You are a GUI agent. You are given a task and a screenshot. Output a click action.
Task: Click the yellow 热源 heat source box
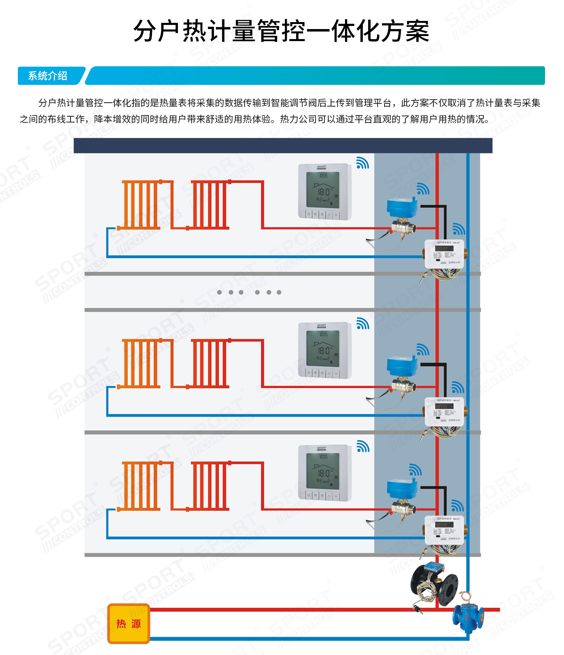tap(128, 624)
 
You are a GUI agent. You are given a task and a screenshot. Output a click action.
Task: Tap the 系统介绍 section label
tap(48, 76)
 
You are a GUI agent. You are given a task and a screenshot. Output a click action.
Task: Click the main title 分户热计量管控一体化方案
tap(281, 31)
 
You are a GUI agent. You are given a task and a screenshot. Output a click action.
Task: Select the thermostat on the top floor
tap(324, 191)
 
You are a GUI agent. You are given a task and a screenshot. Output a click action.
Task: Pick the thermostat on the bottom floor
tap(324, 473)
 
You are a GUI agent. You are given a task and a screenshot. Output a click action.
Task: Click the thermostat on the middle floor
tap(324, 350)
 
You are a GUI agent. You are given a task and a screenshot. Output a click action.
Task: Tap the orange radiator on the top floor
tap(140, 204)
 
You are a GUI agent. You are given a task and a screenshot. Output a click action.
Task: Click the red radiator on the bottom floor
tap(209, 486)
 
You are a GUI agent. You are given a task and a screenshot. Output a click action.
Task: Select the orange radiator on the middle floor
tap(140, 363)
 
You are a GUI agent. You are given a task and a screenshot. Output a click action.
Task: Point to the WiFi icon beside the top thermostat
tap(362, 163)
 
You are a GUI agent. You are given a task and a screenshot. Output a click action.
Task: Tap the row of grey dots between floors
tap(249, 292)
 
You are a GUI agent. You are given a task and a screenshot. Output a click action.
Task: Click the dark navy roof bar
tap(283, 146)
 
